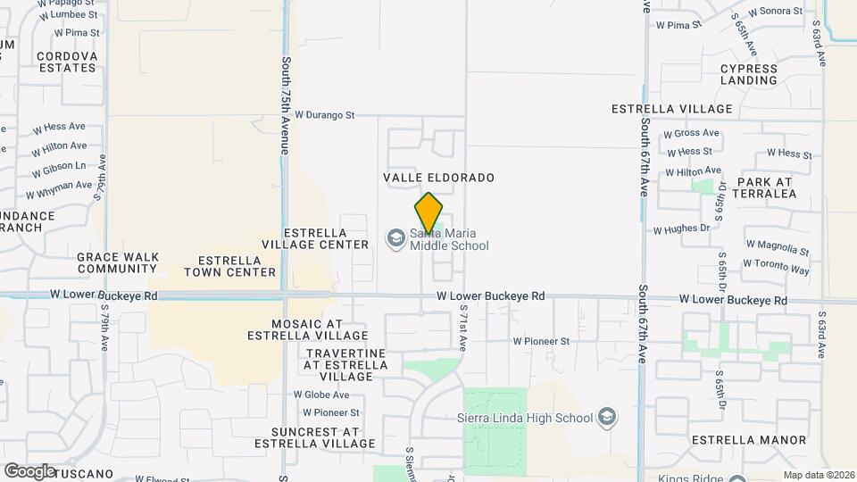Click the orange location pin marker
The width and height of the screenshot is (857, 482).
point(428,213)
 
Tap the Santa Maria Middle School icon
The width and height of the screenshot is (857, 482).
point(395,239)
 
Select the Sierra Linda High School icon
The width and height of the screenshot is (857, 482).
point(607,418)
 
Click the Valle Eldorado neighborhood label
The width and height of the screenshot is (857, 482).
point(438,178)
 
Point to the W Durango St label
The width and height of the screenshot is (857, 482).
point(325,115)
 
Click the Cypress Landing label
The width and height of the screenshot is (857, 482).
point(748,74)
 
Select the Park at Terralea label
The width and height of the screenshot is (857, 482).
point(766,187)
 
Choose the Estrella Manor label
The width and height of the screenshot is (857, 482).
point(749,440)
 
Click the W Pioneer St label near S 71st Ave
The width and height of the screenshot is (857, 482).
point(541,341)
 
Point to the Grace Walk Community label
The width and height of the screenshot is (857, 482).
point(117,262)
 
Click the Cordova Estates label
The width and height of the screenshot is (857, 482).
point(66,62)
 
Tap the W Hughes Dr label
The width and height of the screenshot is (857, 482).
point(681,229)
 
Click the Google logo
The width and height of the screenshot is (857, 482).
point(29,470)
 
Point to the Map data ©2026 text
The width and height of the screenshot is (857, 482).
point(818,475)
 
